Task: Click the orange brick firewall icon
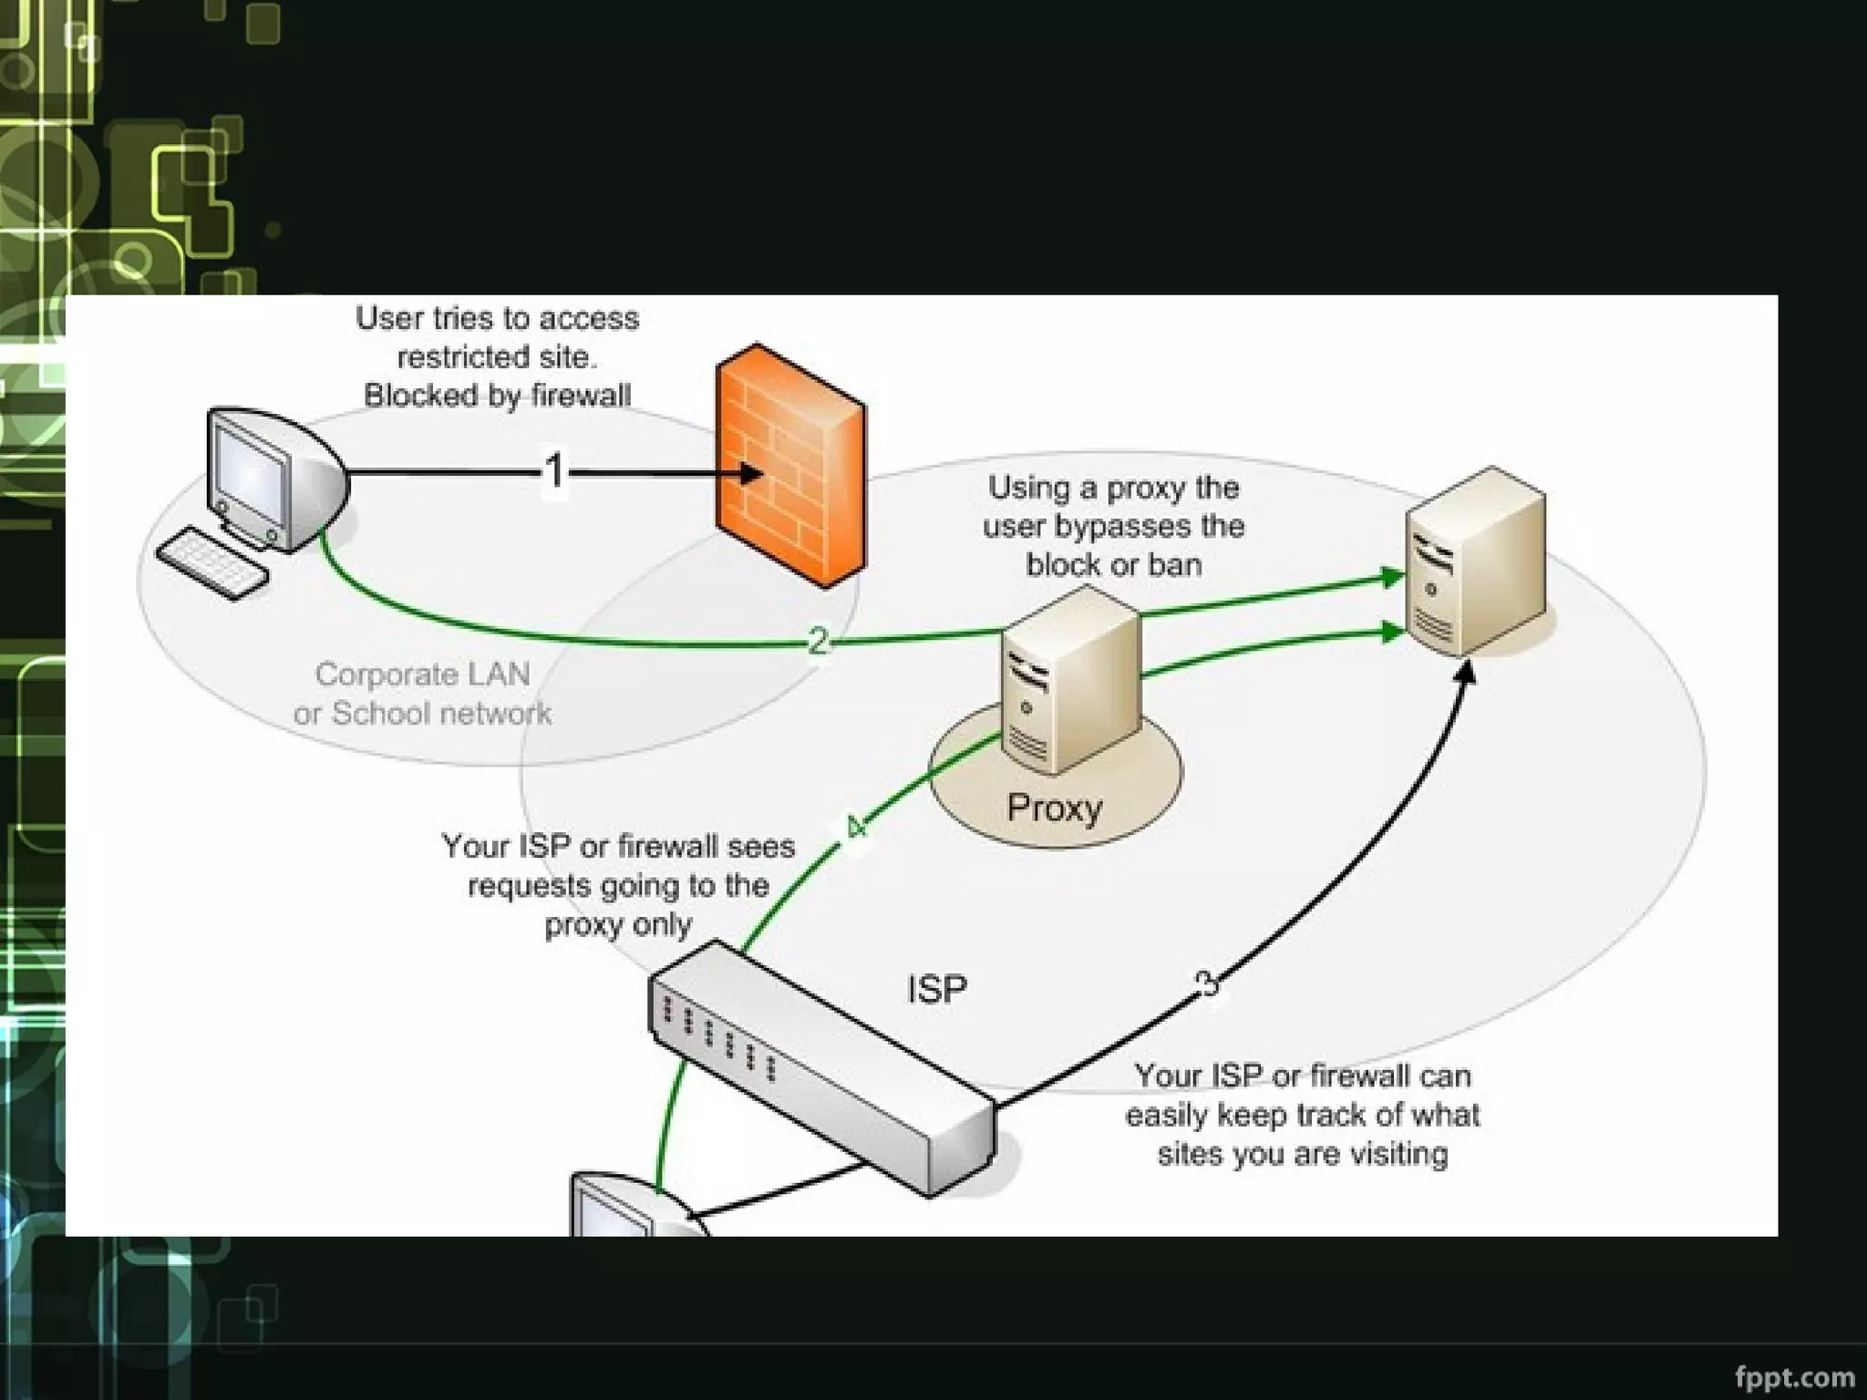pos(789,465)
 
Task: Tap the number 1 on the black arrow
pos(554,472)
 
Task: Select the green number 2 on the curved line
pos(818,642)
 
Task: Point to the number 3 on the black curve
pos(1205,983)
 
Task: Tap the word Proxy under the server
pos(1054,808)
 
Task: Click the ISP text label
pos(936,990)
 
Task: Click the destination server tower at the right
pos(1474,561)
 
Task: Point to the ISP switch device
pos(820,1066)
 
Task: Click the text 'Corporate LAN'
pos(422,674)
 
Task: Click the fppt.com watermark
pos(1794,1376)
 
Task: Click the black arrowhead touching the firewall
pos(751,473)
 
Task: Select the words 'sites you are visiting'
pos(1303,1155)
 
